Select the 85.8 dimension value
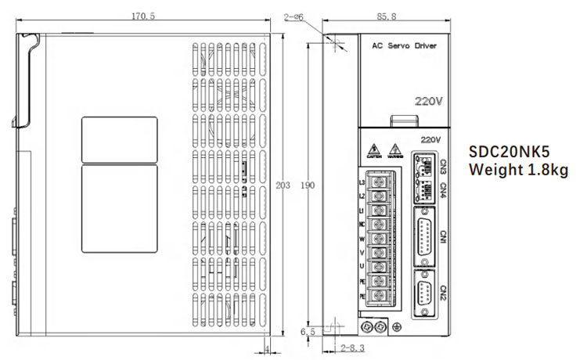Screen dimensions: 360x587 point(385,15)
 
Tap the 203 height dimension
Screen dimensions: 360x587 point(283,185)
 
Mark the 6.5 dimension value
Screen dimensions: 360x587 point(307,331)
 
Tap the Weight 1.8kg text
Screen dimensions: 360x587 point(517,170)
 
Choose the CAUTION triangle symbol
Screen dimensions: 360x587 point(375,149)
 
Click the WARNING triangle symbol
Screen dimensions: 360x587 point(396,149)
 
